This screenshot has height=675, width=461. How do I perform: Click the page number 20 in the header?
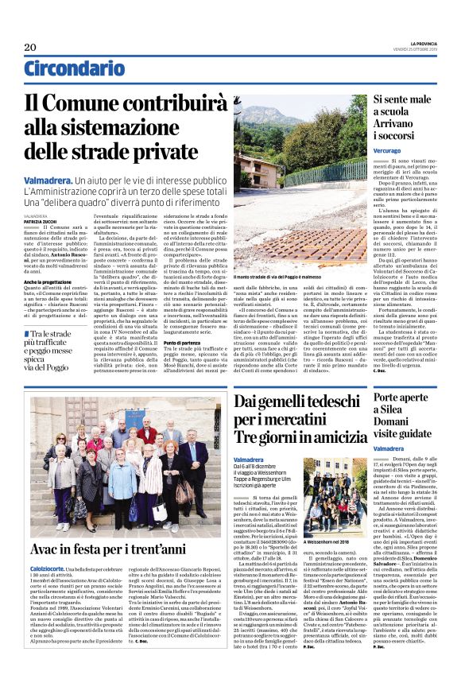click(x=30, y=47)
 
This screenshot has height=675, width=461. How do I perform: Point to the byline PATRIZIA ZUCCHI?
click(x=40, y=221)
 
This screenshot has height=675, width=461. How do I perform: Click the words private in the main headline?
click(x=178, y=154)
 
